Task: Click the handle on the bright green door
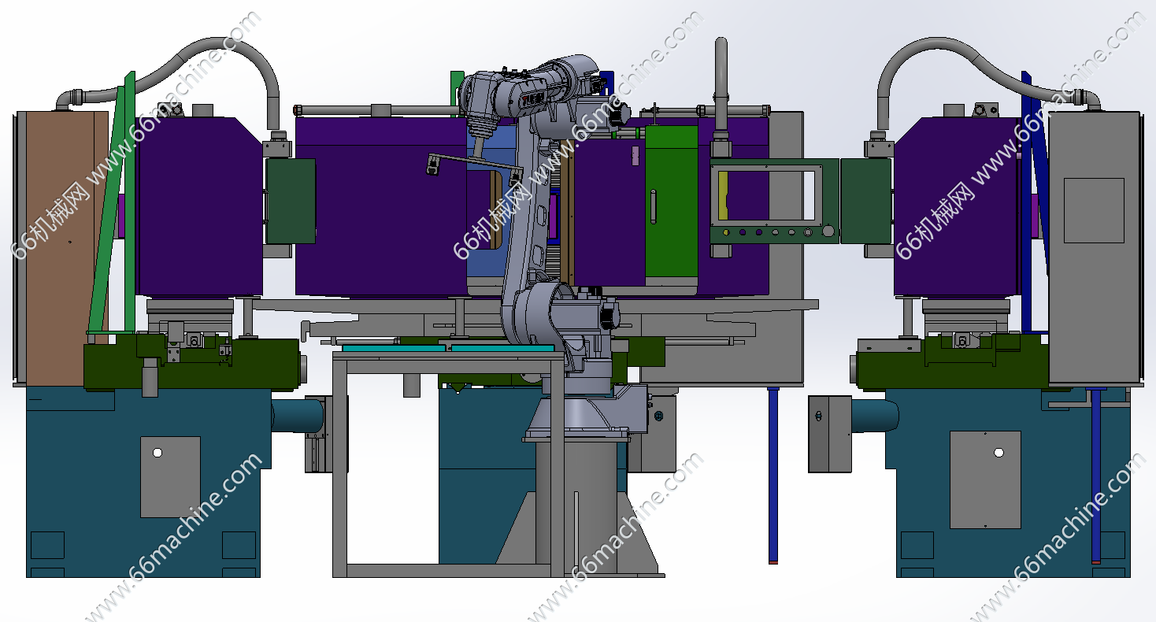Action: click(x=653, y=206)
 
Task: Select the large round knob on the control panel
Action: click(x=828, y=231)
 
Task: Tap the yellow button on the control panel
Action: click(x=726, y=232)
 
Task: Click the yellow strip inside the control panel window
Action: click(x=723, y=195)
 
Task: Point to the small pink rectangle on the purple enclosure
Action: click(x=635, y=155)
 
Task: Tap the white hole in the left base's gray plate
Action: click(x=157, y=453)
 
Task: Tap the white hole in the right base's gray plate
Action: click(x=999, y=453)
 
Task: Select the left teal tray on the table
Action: click(x=394, y=349)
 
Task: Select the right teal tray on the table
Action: click(x=502, y=349)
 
